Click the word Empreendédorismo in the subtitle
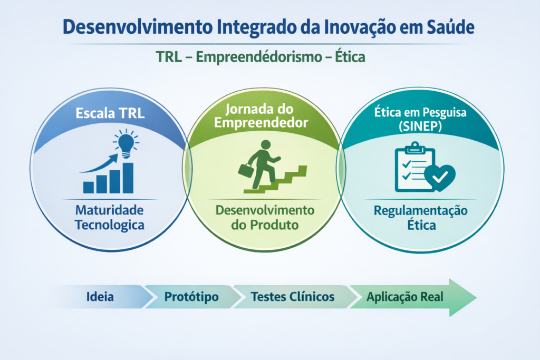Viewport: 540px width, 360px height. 259,57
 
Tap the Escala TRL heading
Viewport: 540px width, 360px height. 110,113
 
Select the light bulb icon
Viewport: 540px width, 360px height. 126,143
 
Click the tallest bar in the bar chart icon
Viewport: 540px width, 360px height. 128,178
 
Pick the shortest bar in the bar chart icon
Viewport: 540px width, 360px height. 89,187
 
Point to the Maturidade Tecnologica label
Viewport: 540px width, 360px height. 110,218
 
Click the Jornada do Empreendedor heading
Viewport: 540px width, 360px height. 261,115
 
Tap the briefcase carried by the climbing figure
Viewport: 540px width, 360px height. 246,170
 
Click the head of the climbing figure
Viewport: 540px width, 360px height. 266,144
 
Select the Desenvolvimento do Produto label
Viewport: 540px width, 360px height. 265,218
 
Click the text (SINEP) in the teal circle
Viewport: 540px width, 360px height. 420,127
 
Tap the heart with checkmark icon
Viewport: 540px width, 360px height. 440,178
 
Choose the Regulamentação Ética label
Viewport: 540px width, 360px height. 421,218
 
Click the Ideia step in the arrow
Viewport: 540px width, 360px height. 100,297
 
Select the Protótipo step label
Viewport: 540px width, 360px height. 191,297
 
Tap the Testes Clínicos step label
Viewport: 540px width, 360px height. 293,297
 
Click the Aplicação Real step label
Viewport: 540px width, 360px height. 405,297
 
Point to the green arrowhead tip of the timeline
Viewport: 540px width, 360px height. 477,297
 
